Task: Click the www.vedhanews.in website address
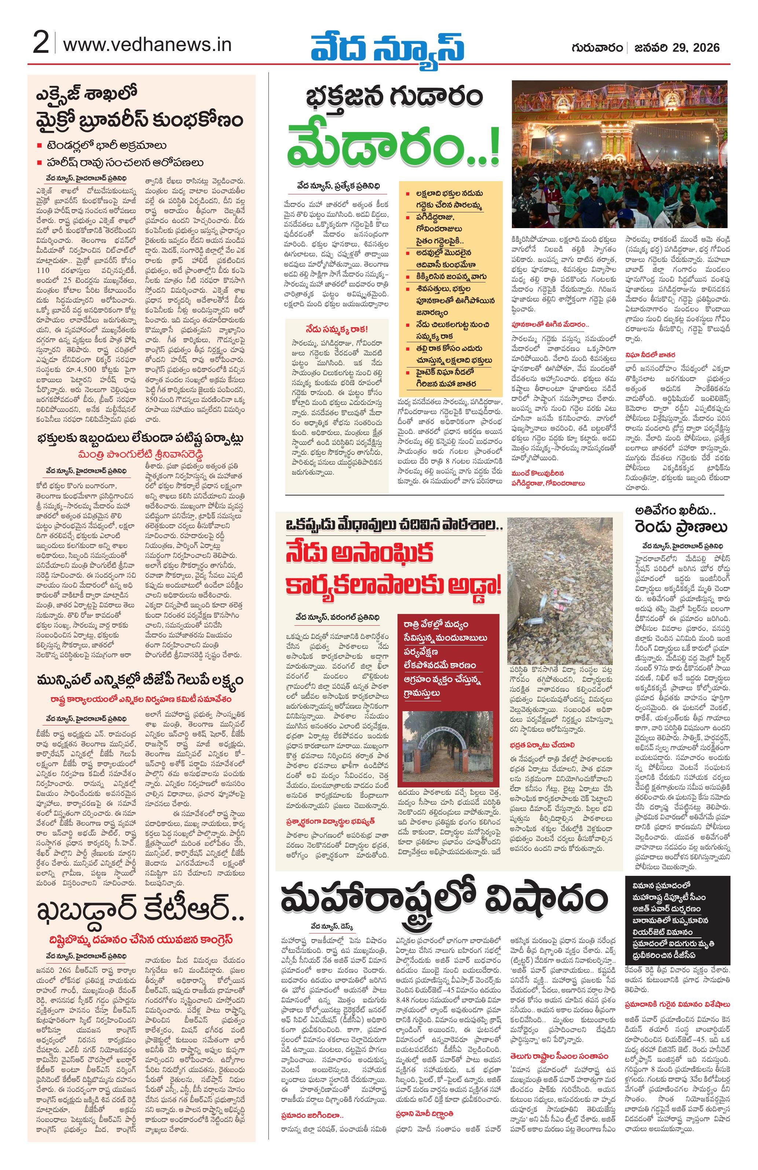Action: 147,45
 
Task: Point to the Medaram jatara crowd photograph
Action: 620,154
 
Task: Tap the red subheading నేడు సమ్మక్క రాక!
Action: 336,329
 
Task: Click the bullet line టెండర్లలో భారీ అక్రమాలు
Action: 107,146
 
